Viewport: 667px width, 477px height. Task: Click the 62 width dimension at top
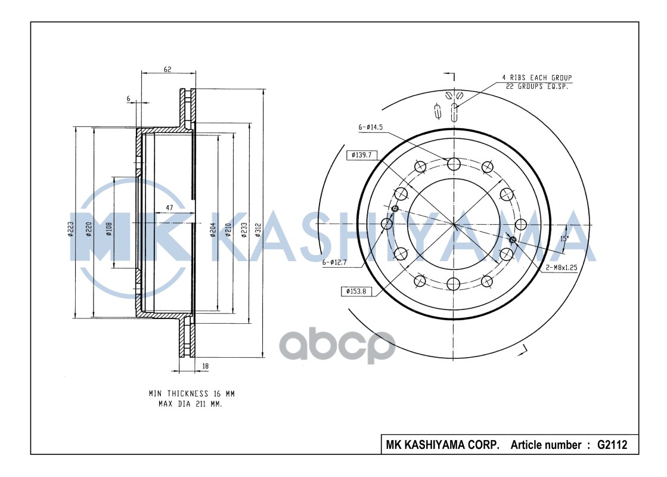pos(167,69)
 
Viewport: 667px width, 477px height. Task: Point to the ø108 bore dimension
pos(109,230)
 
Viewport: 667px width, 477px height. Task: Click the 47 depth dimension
pos(169,207)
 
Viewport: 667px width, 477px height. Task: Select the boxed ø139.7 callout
pos(362,155)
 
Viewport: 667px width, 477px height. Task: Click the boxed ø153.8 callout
pos(356,291)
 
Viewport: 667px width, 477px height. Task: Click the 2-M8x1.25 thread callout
pos(561,268)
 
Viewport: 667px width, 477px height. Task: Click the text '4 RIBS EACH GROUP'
pos(536,78)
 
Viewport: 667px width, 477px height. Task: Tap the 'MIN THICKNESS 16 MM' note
pos(192,394)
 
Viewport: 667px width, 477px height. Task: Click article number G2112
pos(612,445)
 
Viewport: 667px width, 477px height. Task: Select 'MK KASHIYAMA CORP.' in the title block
pos(442,445)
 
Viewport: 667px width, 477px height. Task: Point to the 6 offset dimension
pos(128,99)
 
